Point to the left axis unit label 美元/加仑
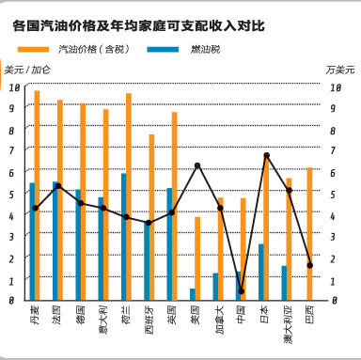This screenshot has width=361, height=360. [x=27, y=70]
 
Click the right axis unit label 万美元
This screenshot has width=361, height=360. [x=339, y=70]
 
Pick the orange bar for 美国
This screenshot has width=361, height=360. [x=197, y=258]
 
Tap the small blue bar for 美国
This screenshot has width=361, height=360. [x=192, y=294]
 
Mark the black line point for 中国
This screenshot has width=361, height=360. [x=243, y=291]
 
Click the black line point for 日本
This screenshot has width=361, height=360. [x=266, y=155]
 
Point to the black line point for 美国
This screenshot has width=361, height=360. [x=197, y=165]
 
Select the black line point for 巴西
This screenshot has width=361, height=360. [x=310, y=265]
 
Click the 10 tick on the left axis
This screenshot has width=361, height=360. [x=14, y=87]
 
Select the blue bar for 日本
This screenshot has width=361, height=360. [x=260, y=273]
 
